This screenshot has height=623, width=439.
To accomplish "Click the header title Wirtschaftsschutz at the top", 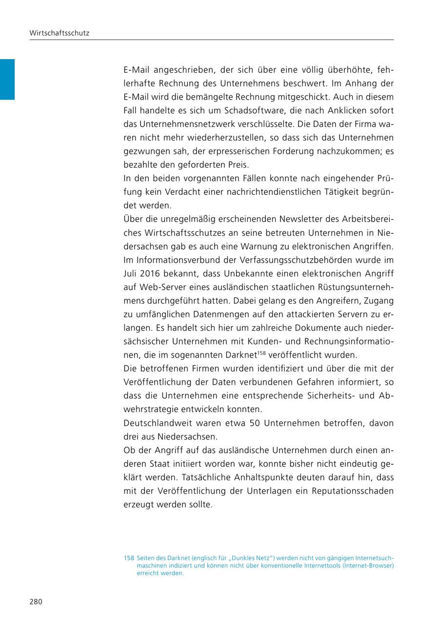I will pyautogui.click(x=59, y=34).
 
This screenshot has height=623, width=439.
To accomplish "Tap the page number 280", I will pyautogui.click(x=36, y=602).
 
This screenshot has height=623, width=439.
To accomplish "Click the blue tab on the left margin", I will pyautogui.click(x=7, y=79).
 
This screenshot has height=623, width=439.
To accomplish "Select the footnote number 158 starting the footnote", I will pyautogui.click(x=129, y=558).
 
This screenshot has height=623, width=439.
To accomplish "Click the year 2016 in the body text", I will pyautogui.click(x=152, y=274).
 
